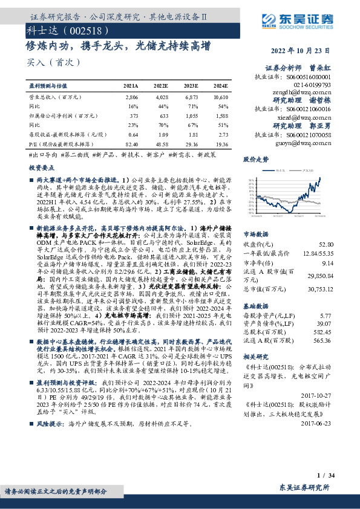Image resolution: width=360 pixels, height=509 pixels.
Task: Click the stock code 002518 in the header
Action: click(73, 30)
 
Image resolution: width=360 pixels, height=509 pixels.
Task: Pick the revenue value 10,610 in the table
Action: click(221, 97)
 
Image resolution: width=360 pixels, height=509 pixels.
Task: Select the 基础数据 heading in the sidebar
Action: click(255, 305)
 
